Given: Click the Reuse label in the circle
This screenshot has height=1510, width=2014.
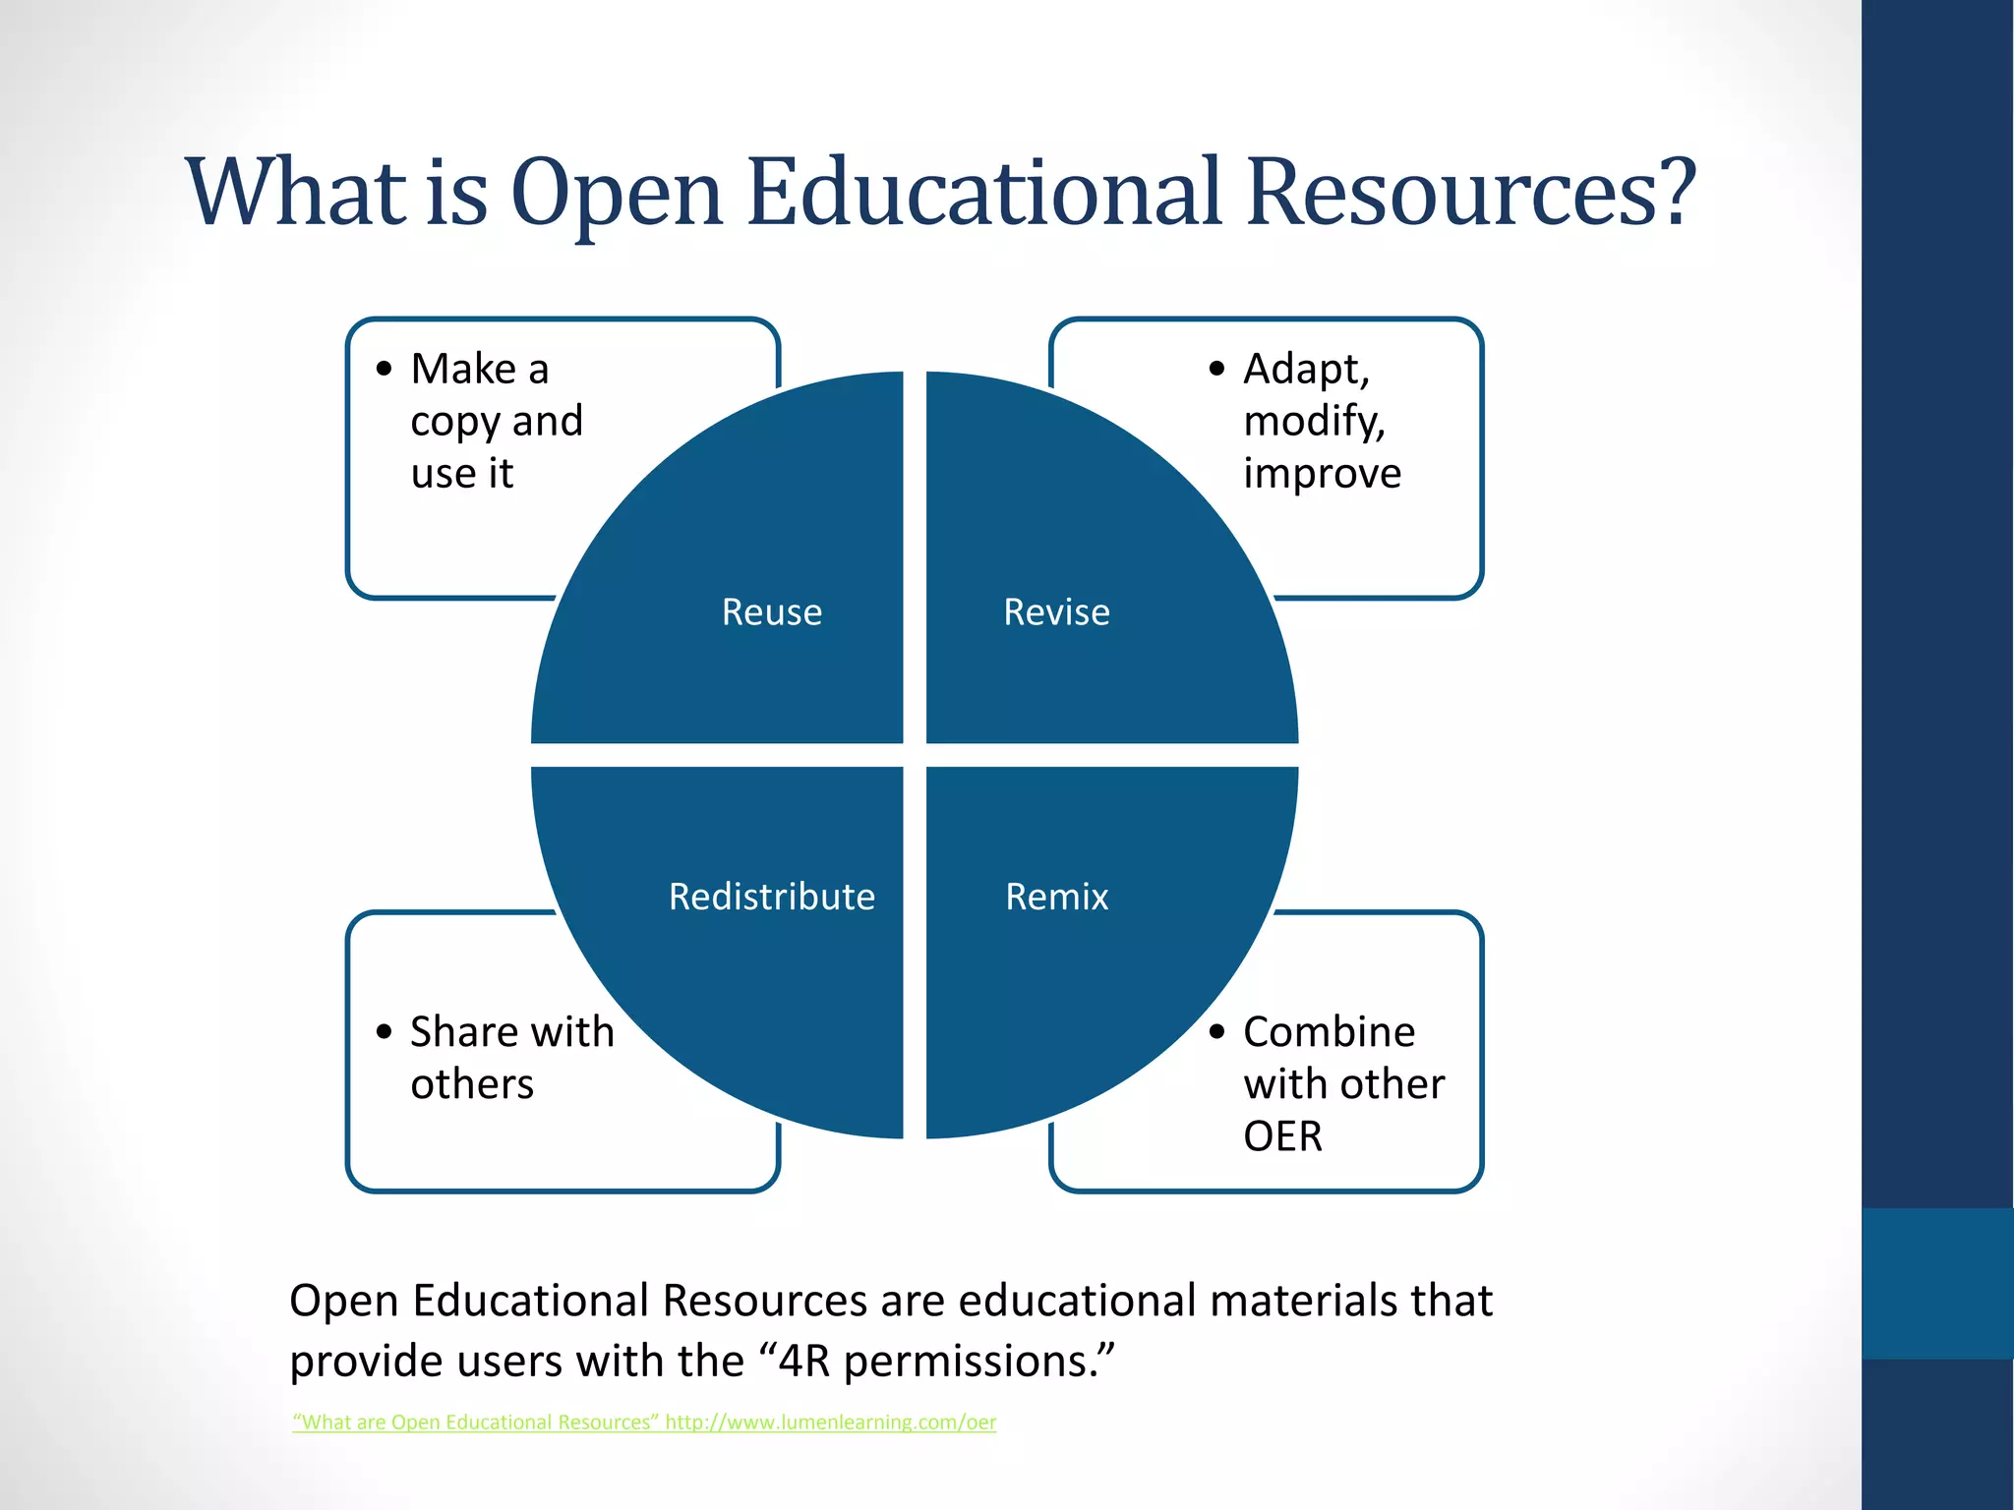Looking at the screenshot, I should click(x=772, y=612).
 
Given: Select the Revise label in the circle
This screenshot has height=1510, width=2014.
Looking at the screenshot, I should click(x=1056, y=612).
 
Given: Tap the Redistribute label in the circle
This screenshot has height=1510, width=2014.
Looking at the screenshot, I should click(x=772, y=897).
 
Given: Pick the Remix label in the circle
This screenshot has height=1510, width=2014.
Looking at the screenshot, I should click(x=1056, y=897).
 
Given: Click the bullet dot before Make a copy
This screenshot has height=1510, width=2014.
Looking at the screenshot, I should click(x=385, y=369).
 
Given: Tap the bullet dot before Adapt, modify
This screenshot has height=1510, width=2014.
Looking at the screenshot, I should click(x=1217, y=369).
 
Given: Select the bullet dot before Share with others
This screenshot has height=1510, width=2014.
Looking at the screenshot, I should click(x=385, y=1031).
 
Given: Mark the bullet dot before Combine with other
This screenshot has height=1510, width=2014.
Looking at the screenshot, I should click(x=1217, y=1031).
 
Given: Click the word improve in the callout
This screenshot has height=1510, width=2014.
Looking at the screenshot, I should click(x=1322, y=474).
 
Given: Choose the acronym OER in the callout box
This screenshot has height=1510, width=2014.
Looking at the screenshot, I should click(x=1282, y=1136).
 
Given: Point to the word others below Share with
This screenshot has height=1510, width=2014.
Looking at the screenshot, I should click(x=472, y=1084).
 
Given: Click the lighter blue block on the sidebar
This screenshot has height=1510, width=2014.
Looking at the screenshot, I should click(x=1937, y=1283).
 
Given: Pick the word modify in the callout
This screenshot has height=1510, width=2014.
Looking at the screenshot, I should click(x=1314, y=422).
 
